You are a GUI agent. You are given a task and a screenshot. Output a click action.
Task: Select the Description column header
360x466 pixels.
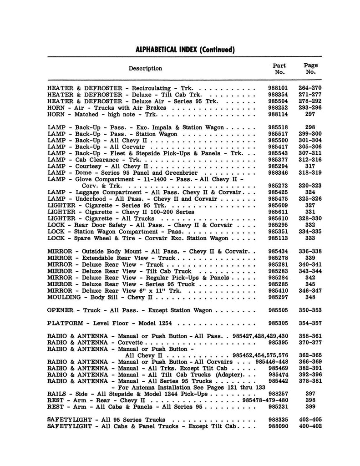pyautogui.click(x=145, y=69)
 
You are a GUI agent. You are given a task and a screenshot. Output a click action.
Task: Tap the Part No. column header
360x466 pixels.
pyautogui.click(x=279, y=69)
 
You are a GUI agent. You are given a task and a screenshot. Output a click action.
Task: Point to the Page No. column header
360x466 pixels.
pyautogui.click(x=310, y=69)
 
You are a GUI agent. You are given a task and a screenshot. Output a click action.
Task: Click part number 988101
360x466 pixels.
pyautogui.click(x=278, y=88)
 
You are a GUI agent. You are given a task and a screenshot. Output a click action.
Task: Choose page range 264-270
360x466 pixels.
pyautogui.click(x=310, y=88)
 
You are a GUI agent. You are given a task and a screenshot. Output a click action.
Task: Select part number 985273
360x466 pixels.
pyautogui.click(x=278, y=186)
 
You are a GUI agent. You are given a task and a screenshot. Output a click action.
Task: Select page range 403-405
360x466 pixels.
pyautogui.click(x=310, y=420)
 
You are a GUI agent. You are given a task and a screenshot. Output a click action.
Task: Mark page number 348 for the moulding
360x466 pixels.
pyautogui.click(x=310, y=297)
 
